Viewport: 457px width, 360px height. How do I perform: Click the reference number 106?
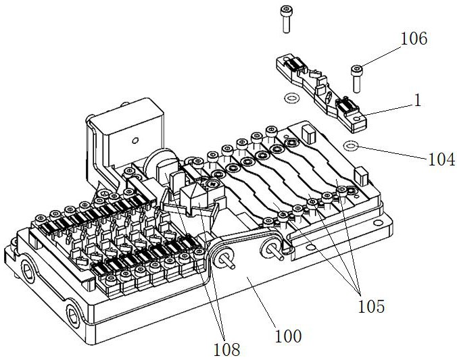(x=414, y=38)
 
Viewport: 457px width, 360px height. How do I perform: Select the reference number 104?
(x=441, y=159)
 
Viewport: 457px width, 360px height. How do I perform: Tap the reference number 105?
(x=371, y=306)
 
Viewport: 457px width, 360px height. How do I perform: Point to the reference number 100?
(x=288, y=336)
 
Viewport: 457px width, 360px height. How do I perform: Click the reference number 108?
(x=226, y=349)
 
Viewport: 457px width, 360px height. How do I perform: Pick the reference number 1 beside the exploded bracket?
(x=418, y=101)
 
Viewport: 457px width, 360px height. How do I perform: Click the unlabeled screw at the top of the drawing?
(x=286, y=20)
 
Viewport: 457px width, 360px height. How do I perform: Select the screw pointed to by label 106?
(x=357, y=79)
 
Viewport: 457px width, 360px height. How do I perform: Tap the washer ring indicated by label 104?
(x=351, y=146)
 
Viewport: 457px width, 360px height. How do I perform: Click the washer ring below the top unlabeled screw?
(x=291, y=98)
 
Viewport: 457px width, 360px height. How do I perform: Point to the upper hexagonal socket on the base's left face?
(x=28, y=272)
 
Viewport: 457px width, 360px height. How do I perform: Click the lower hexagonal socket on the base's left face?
(x=73, y=316)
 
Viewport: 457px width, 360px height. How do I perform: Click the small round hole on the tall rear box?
(x=135, y=141)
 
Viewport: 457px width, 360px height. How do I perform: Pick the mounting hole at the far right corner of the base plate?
(x=378, y=223)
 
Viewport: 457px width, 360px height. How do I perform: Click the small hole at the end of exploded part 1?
(x=356, y=119)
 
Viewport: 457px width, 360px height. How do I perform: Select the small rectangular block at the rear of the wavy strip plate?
(x=309, y=134)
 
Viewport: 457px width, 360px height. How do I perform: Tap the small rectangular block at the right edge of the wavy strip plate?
(x=362, y=176)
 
